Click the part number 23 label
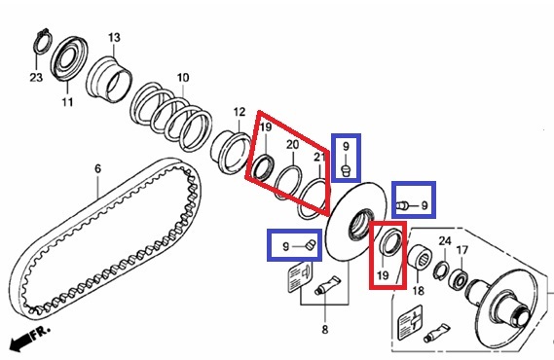pyautogui.click(x=36, y=77)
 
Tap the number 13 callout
pyautogui.click(x=114, y=37)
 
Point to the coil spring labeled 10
pyautogui.click(x=170, y=116)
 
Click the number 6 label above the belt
pyautogui.click(x=98, y=168)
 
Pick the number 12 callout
pyautogui.click(x=240, y=112)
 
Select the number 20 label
pyautogui.click(x=292, y=144)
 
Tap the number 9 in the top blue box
pyautogui.click(x=346, y=146)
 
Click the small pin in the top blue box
pyautogui.click(x=346, y=170)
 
